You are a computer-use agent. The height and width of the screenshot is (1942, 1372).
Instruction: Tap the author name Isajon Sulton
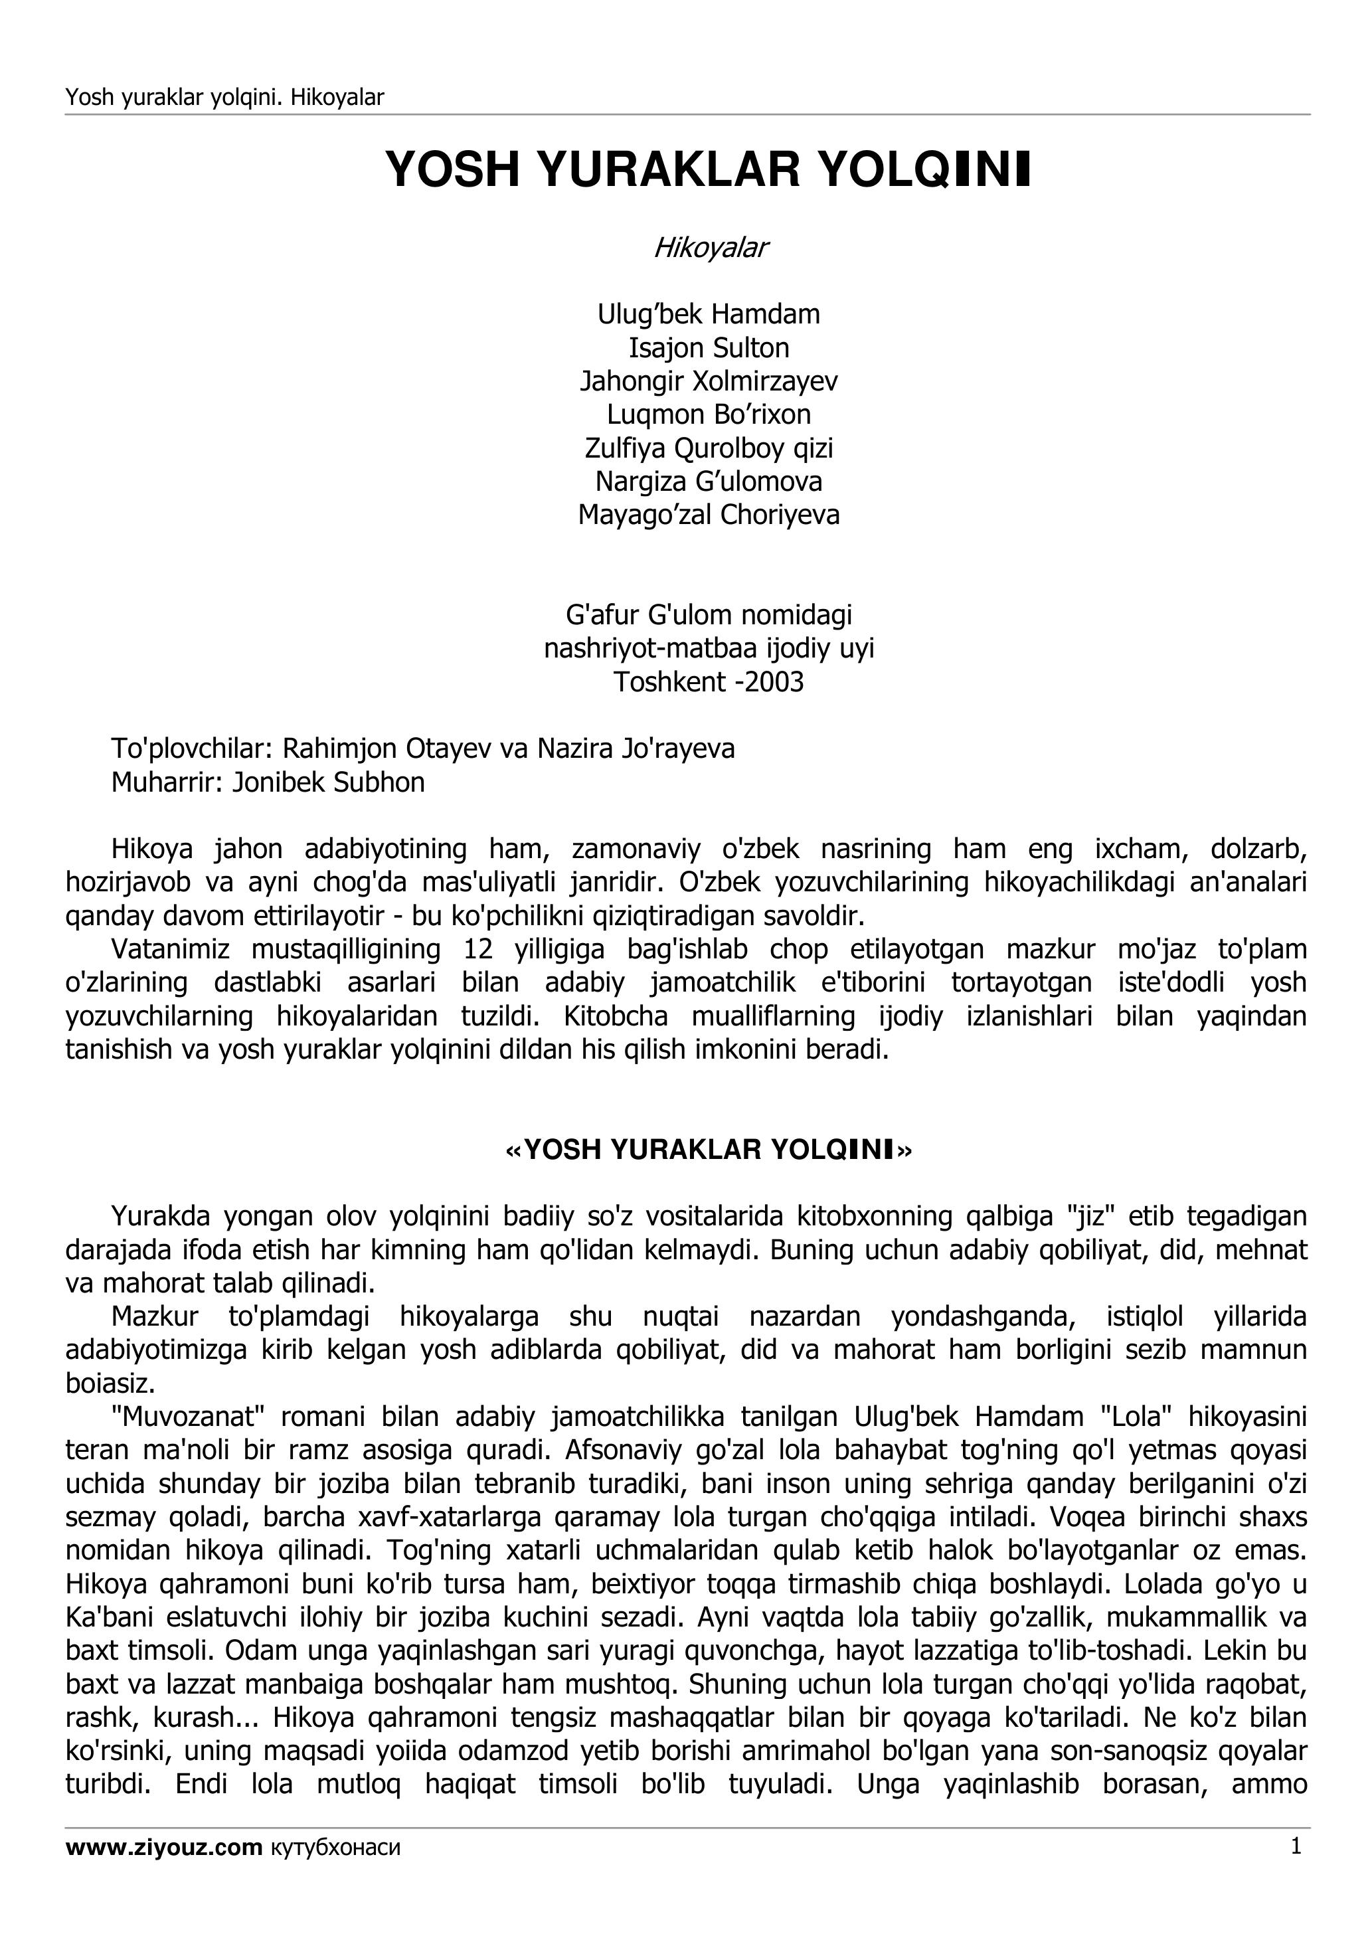[x=709, y=347]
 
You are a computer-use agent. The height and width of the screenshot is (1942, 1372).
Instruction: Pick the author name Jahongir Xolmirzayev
[x=709, y=381]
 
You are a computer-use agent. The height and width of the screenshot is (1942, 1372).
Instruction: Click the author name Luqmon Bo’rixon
[x=709, y=414]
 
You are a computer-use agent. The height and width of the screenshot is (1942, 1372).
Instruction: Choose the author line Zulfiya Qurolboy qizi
[x=709, y=448]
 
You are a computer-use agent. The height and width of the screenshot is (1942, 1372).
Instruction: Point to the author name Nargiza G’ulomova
[x=709, y=482]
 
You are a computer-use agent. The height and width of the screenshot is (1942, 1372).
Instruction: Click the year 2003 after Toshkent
[x=773, y=681]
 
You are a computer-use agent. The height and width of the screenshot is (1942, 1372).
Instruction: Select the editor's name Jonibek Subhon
[x=328, y=782]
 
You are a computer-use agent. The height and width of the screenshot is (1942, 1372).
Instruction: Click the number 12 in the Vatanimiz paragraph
[x=478, y=950]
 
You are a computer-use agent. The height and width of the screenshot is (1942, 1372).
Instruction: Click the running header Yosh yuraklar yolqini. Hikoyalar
[x=225, y=97]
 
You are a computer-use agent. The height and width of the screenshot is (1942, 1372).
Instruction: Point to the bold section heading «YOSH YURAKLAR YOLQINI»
[x=709, y=1150]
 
